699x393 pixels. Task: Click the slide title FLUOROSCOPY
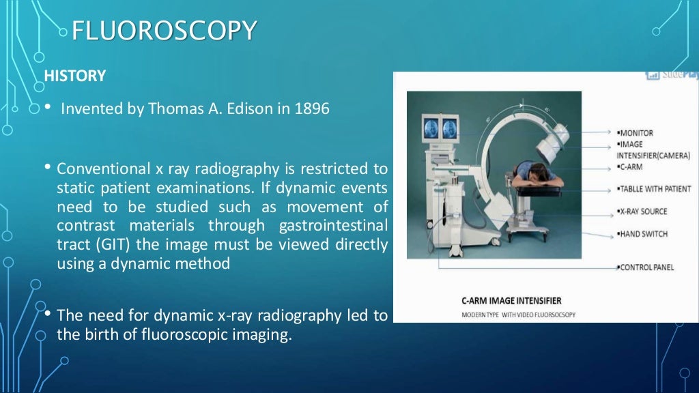[x=164, y=31]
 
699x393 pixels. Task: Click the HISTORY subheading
[x=75, y=76]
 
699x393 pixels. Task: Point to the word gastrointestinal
[x=334, y=225]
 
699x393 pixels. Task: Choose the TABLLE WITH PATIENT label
[x=655, y=189]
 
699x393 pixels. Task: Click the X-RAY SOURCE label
[x=643, y=212]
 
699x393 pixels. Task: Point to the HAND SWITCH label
[x=642, y=234]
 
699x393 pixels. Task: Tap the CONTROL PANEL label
[x=646, y=267]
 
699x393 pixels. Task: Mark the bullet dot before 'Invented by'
[x=47, y=108]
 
